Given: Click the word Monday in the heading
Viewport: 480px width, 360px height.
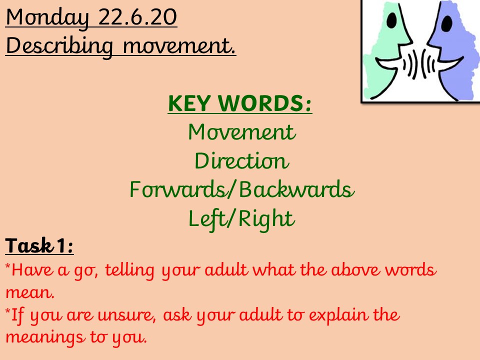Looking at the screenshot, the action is pyautogui.click(x=47, y=18).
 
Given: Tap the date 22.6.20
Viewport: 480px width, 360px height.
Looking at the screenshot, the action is pyautogui.click(x=138, y=17).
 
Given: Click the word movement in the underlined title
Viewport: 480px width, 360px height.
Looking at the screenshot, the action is pyautogui.click(x=179, y=46).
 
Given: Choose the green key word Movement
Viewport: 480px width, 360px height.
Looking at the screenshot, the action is pyautogui.click(x=242, y=132).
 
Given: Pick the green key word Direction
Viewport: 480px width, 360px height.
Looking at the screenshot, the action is pyautogui.click(x=242, y=160).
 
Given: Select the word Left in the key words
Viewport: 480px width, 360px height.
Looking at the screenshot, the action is pyautogui.click(x=208, y=219).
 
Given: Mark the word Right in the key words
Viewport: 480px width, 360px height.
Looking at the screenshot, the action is pyautogui.click(x=266, y=219).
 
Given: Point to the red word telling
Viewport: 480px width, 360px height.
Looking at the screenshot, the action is pyautogui.click(x=130, y=270).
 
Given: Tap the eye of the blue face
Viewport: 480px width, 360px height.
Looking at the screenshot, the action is pyautogui.click(x=446, y=23).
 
